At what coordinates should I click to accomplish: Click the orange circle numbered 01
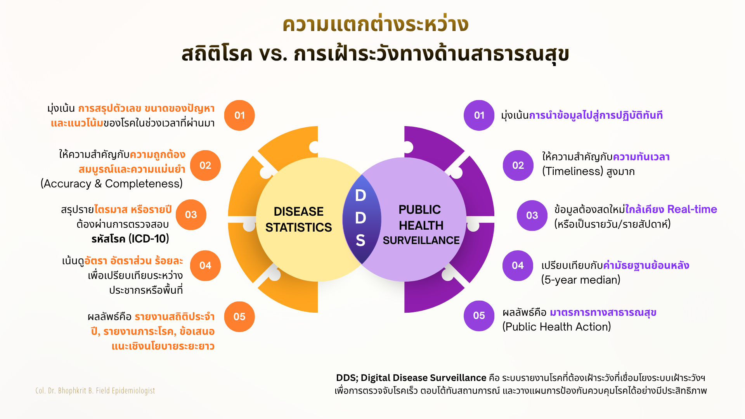click(x=239, y=115)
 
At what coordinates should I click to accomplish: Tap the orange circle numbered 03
click(x=191, y=215)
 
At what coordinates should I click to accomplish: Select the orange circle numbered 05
click(x=239, y=317)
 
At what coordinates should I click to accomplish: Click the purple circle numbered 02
click(x=518, y=165)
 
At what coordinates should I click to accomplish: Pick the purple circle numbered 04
click(x=518, y=265)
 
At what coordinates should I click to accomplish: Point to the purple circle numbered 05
click(x=479, y=316)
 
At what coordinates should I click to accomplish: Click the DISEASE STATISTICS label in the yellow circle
click(x=298, y=219)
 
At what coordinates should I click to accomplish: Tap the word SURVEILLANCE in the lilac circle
click(x=421, y=241)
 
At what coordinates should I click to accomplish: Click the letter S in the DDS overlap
click(x=360, y=241)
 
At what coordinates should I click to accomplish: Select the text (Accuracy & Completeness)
click(x=112, y=184)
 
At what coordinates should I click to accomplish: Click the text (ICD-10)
click(x=149, y=239)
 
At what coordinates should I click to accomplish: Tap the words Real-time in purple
click(x=692, y=209)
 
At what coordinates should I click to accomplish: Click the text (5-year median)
click(x=581, y=280)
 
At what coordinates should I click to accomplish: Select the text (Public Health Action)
click(x=557, y=327)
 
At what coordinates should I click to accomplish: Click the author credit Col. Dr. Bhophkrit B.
click(x=65, y=390)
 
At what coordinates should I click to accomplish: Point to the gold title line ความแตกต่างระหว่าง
click(x=376, y=24)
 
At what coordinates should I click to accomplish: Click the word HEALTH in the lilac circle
click(x=421, y=225)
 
